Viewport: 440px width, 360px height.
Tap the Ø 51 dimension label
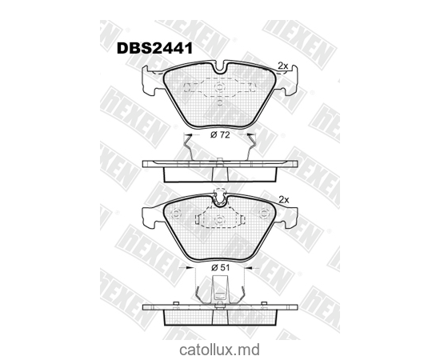pos(220,267)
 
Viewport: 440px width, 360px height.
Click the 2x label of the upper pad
pos(282,65)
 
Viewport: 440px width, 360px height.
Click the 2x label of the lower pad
pos(282,198)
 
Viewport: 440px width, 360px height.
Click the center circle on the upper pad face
pos(220,84)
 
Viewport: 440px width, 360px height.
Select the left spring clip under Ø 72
pos(188,147)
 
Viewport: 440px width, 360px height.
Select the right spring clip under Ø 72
pos(252,147)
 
